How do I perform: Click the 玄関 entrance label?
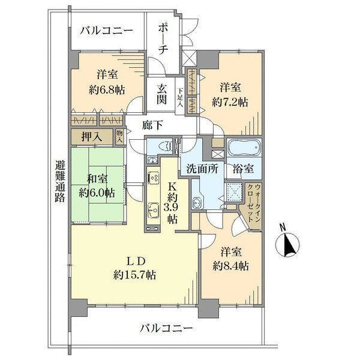point(162,94)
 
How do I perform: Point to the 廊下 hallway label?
point(152,125)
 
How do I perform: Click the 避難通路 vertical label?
point(59,182)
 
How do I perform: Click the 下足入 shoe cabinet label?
point(180,98)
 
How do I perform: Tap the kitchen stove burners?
point(152,178)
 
